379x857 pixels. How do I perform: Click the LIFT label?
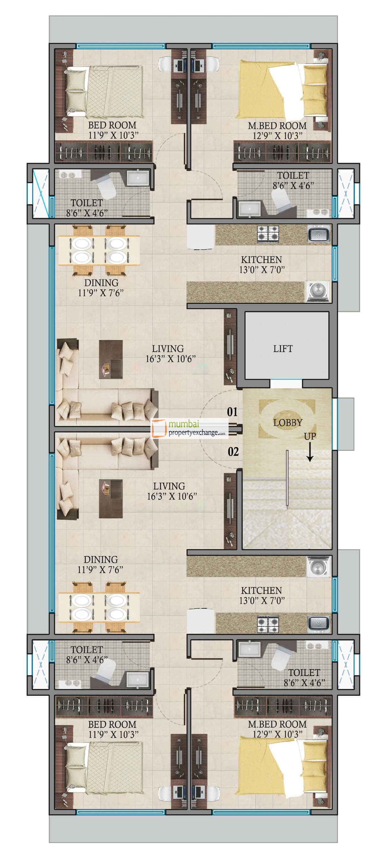pyautogui.click(x=283, y=349)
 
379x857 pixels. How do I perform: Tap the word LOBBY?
pyautogui.click(x=288, y=423)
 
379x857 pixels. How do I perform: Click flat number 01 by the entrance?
pyautogui.click(x=232, y=412)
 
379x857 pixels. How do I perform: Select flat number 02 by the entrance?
pyautogui.click(x=233, y=451)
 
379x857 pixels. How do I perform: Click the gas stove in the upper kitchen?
pyautogui.click(x=268, y=233)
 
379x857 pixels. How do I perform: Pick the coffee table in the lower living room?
pyautogui.click(x=111, y=498)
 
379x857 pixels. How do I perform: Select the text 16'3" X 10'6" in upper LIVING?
pyautogui.click(x=170, y=359)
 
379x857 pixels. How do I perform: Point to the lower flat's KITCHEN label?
pyautogui.click(x=261, y=590)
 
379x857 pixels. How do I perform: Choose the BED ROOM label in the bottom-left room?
pyautogui.click(x=112, y=724)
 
